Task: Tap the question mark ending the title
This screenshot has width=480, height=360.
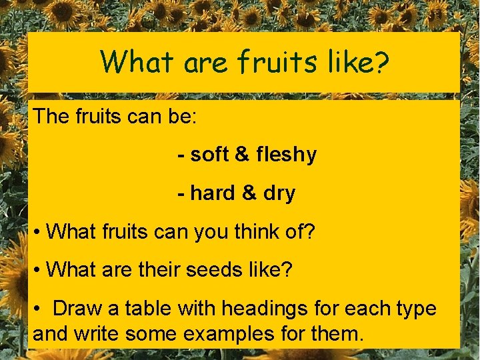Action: point(383,62)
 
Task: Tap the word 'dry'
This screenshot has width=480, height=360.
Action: point(279,194)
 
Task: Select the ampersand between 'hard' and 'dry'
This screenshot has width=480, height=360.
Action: point(249,193)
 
